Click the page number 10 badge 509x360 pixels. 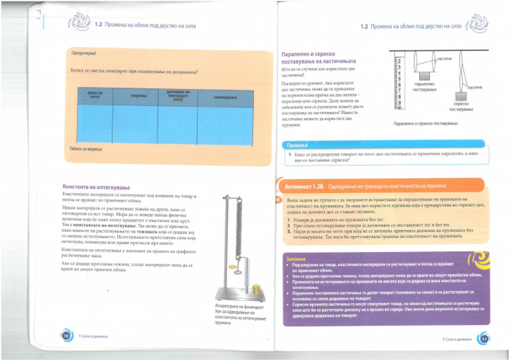pos(66,337)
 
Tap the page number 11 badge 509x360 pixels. pos(484,339)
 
